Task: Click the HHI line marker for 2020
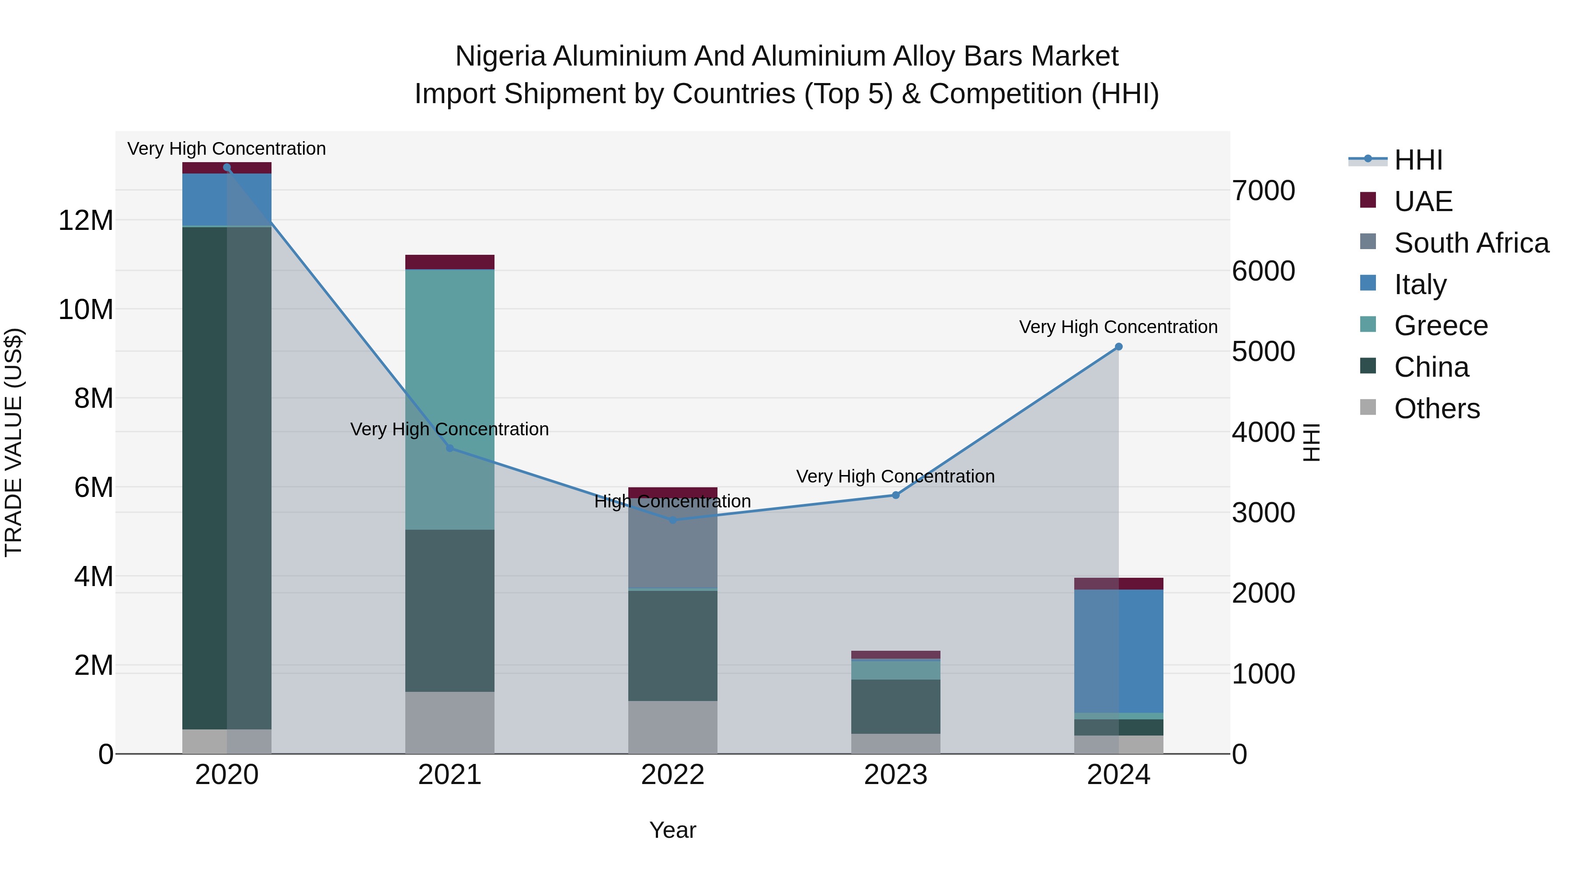pos(226,167)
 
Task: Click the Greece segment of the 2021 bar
pos(450,399)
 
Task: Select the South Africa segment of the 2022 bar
pos(673,547)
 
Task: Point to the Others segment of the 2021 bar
pos(450,722)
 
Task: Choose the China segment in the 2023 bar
pos(896,707)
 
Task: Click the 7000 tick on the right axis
pos(1263,191)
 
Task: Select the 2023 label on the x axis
pos(896,775)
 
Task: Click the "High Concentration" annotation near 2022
pos(673,501)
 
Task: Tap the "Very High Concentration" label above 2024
pos(1118,327)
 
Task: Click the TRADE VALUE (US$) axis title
pos(14,442)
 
